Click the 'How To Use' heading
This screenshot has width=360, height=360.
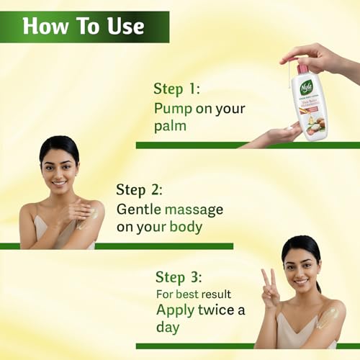coord(84,27)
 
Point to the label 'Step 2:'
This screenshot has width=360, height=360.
coord(140,190)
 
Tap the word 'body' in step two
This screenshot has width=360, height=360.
coord(183,228)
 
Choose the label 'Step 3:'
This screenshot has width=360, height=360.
coord(180,277)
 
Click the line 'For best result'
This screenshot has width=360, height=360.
coord(194,294)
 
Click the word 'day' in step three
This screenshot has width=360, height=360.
coord(171,328)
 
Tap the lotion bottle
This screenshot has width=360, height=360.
coord(312,101)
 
